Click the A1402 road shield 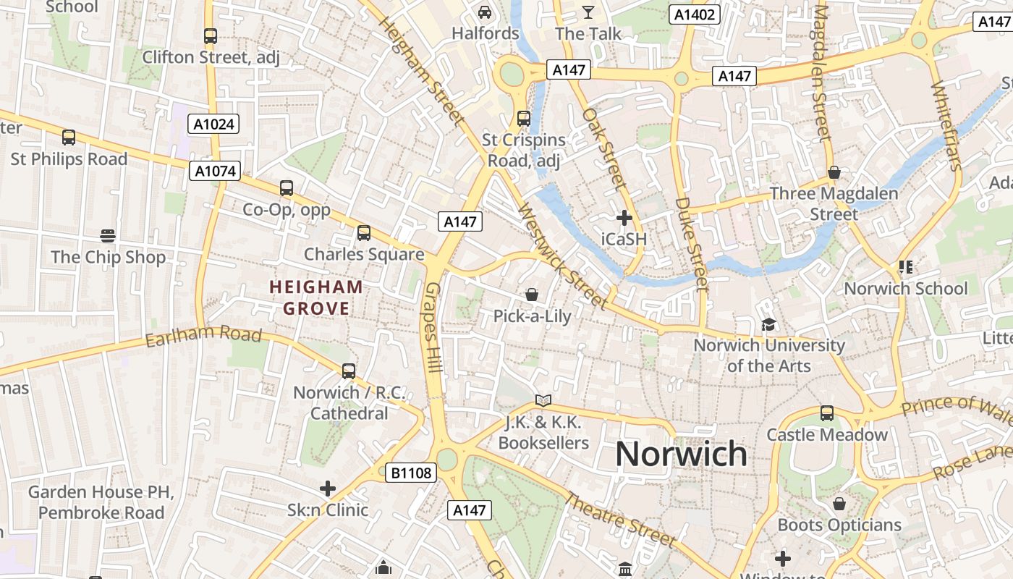(x=694, y=14)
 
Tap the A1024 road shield (x=215, y=124)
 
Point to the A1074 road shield (x=215, y=171)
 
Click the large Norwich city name (x=681, y=454)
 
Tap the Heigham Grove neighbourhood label (x=316, y=297)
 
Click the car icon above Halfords (x=485, y=12)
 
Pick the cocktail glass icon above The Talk (x=588, y=12)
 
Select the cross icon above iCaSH (x=624, y=217)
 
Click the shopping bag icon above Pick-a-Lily (x=532, y=295)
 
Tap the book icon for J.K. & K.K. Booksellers (x=543, y=400)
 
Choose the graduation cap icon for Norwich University (x=768, y=324)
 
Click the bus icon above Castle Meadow (x=826, y=413)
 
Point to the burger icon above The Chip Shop (x=108, y=235)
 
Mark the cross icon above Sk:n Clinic (x=328, y=489)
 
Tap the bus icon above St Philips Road (x=69, y=137)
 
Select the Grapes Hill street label (x=433, y=327)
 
